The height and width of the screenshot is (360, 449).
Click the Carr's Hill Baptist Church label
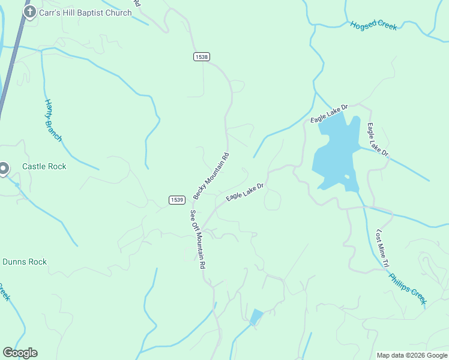tap(85, 13)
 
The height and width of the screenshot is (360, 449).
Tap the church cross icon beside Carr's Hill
tap(29, 12)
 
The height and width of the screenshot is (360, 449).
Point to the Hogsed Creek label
tap(373, 25)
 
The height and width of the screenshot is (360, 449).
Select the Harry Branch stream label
tap(53, 120)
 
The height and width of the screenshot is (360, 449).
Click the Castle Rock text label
tap(44, 166)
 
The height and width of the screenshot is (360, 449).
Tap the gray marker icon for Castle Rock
tap(4, 169)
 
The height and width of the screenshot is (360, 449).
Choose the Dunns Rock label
tap(25, 262)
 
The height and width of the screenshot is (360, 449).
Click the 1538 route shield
tap(202, 56)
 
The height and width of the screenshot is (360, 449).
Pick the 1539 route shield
tap(176, 200)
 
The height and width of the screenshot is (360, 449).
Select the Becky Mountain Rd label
tap(211, 176)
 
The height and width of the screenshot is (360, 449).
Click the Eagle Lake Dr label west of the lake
tap(245, 193)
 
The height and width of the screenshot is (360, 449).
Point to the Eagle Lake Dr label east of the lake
tap(378, 140)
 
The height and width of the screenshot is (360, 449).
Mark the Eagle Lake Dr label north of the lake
tap(329, 113)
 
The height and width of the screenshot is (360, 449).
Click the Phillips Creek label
tap(407, 290)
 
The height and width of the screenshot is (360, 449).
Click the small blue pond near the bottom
tap(256, 317)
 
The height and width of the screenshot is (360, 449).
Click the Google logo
tap(20, 353)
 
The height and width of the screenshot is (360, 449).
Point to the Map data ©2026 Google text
tap(412, 355)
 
